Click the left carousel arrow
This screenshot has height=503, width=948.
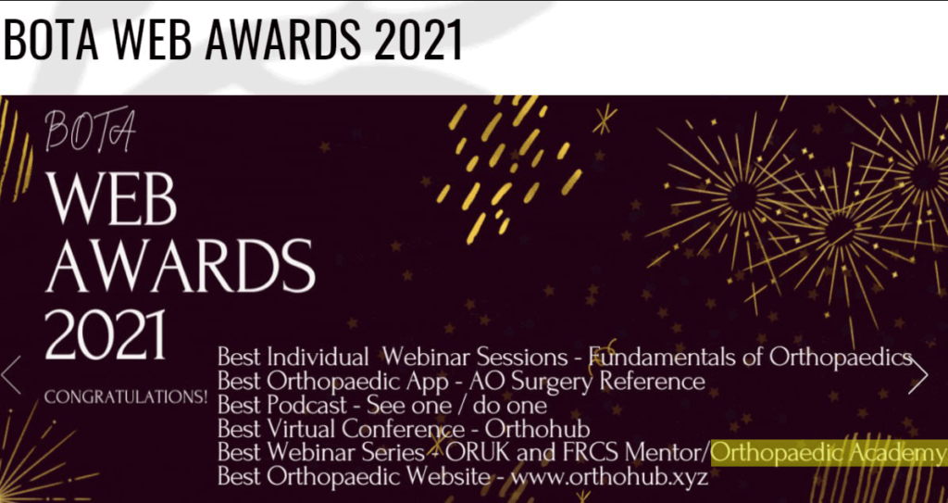(10, 375)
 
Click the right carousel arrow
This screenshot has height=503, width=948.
(918, 375)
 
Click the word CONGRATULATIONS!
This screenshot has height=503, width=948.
(126, 397)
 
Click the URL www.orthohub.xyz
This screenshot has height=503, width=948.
(609, 477)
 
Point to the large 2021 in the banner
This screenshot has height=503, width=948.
(106, 334)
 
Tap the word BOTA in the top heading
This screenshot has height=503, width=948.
(50, 39)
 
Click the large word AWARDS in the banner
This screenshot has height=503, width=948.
(181, 265)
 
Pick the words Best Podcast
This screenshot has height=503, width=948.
(282, 405)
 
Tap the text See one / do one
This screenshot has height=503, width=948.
(457, 405)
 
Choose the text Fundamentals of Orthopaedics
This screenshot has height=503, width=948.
(750, 358)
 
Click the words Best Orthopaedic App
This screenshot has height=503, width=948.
(333, 382)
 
